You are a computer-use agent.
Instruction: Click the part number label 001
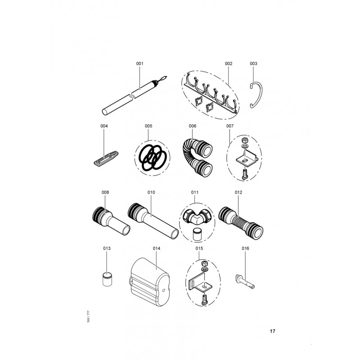click(x=139, y=63)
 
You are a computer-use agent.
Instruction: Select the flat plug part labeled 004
click(x=106, y=158)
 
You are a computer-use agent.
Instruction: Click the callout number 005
click(x=148, y=126)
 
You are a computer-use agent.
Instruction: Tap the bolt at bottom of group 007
click(x=245, y=175)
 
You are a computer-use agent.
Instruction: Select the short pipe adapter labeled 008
click(x=111, y=221)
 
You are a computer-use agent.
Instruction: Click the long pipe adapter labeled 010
click(x=153, y=221)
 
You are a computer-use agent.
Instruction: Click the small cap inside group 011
click(x=197, y=234)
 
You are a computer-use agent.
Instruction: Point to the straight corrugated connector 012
click(x=241, y=221)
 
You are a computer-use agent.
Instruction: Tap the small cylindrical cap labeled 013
click(x=107, y=279)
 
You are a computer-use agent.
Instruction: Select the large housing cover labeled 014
click(x=150, y=282)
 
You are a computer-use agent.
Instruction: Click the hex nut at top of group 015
click(x=204, y=263)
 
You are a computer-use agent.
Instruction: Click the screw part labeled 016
click(x=245, y=281)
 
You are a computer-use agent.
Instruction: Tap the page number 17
click(x=272, y=331)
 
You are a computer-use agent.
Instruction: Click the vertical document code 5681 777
click(x=88, y=316)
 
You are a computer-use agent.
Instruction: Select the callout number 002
click(x=229, y=63)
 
